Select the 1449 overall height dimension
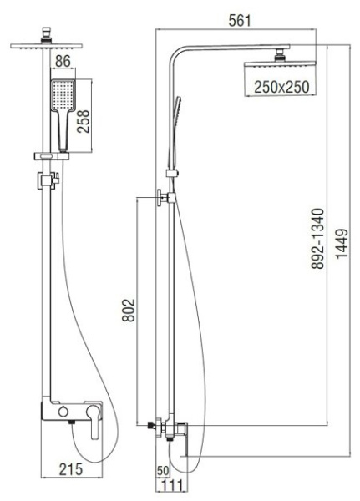click(343, 249)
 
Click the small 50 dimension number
click(163, 472)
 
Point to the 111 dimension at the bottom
click(173, 485)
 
